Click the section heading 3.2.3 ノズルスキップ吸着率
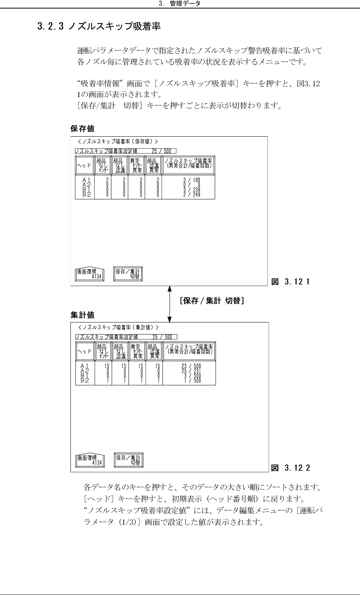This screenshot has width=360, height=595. [98, 27]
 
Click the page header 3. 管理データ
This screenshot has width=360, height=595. [180, 4]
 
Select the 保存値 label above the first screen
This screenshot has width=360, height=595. [82, 129]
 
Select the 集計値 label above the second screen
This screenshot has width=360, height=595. [82, 315]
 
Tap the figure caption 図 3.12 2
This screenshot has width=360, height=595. [291, 468]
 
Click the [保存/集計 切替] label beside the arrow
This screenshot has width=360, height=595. [211, 301]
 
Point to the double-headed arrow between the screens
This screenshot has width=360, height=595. [170, 304]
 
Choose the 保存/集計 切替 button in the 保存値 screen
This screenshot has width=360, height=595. [128, 274]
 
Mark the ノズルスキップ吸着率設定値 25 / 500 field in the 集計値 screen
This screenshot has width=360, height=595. [126, 337]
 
